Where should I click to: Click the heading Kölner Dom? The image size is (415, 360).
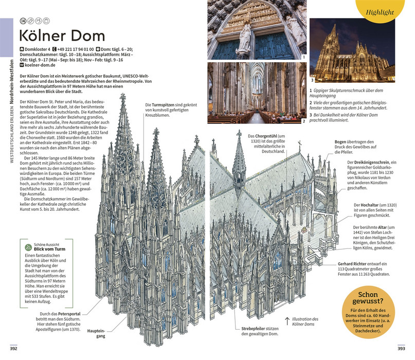[x=62, y=35]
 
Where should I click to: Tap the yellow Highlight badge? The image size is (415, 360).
[x=380, y=10]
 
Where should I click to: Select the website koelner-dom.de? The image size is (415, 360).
[x=40, y=65]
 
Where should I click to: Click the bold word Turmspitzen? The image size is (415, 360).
[x=163, y=105]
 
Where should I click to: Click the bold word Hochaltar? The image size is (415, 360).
[x=369, y=205]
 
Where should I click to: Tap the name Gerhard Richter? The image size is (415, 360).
[x=352, y=264]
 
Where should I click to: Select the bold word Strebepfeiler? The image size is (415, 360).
[x=253, y=329]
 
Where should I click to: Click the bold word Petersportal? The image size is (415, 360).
[x=69, y=314]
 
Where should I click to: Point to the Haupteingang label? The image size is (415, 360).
[x=96, y=334]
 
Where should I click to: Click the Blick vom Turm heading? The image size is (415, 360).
[x=49, y=249]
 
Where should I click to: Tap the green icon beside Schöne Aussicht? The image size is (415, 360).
[x=28, y=247]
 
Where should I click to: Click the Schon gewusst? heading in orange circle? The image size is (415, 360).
[x=368, y=298]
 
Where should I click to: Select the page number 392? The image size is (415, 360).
[x=13, y=349]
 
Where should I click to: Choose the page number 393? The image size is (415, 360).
[x=401, y=349]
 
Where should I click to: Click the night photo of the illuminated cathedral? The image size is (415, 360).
[x=352, y=50]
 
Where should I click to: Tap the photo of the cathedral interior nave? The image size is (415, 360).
[x=257, y=93]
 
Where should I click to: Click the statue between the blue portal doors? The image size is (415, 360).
[x=245, y=41]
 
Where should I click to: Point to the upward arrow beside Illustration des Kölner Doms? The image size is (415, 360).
[x=287, y=321]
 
